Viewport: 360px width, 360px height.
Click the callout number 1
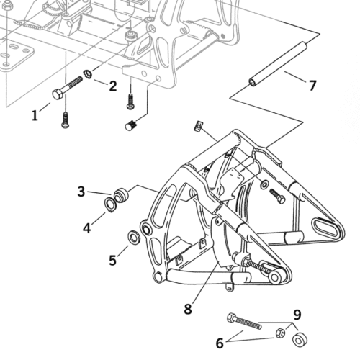pyautogui.click(x=35, y=115)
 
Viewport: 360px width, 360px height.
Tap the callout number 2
pyautogui.click(x=113, y=86)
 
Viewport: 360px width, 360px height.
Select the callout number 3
pyautogui.click(x=81, y=192)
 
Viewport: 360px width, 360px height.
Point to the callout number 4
pyautogui.click(x=87, y=228)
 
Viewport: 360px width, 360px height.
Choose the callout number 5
pyautogui.click(x=112, y=260)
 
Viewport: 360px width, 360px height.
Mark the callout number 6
pyautogui.click(x=220, y=343)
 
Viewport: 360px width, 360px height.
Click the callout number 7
pyautogui.click(x=312, y=86)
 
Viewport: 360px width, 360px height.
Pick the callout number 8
pyautogui.click(x=188, y=309)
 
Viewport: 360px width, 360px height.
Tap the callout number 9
pyautogui.click(x=297, y=315)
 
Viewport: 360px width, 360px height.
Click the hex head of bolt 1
pyautogui.click(x=58, y=94)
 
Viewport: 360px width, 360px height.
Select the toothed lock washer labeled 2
pyautogui.click(x=88, y=74)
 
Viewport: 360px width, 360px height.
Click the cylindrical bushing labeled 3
pyautogui.click(x=121, y=195)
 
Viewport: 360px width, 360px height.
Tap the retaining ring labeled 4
pyautogui.click(x=110, y=204)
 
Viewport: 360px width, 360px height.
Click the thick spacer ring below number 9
pyautogui.click(x=300, y=340)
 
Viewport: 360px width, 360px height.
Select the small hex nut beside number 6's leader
pyautogui.click(x=280, y=333)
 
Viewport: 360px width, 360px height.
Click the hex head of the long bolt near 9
pyautogui.click(x=232, y=318)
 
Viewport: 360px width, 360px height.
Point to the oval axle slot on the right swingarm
pyautogui.click(x=325, y=227)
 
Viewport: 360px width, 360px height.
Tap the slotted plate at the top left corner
pyautogui.click(x=17, y=57)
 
